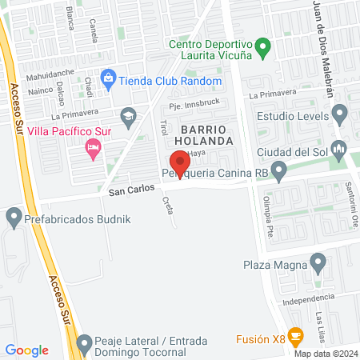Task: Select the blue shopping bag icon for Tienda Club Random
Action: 109,78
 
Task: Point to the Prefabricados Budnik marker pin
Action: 14,216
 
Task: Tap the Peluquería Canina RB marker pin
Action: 278,170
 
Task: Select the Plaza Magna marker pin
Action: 318,262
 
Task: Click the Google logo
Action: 27,350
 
